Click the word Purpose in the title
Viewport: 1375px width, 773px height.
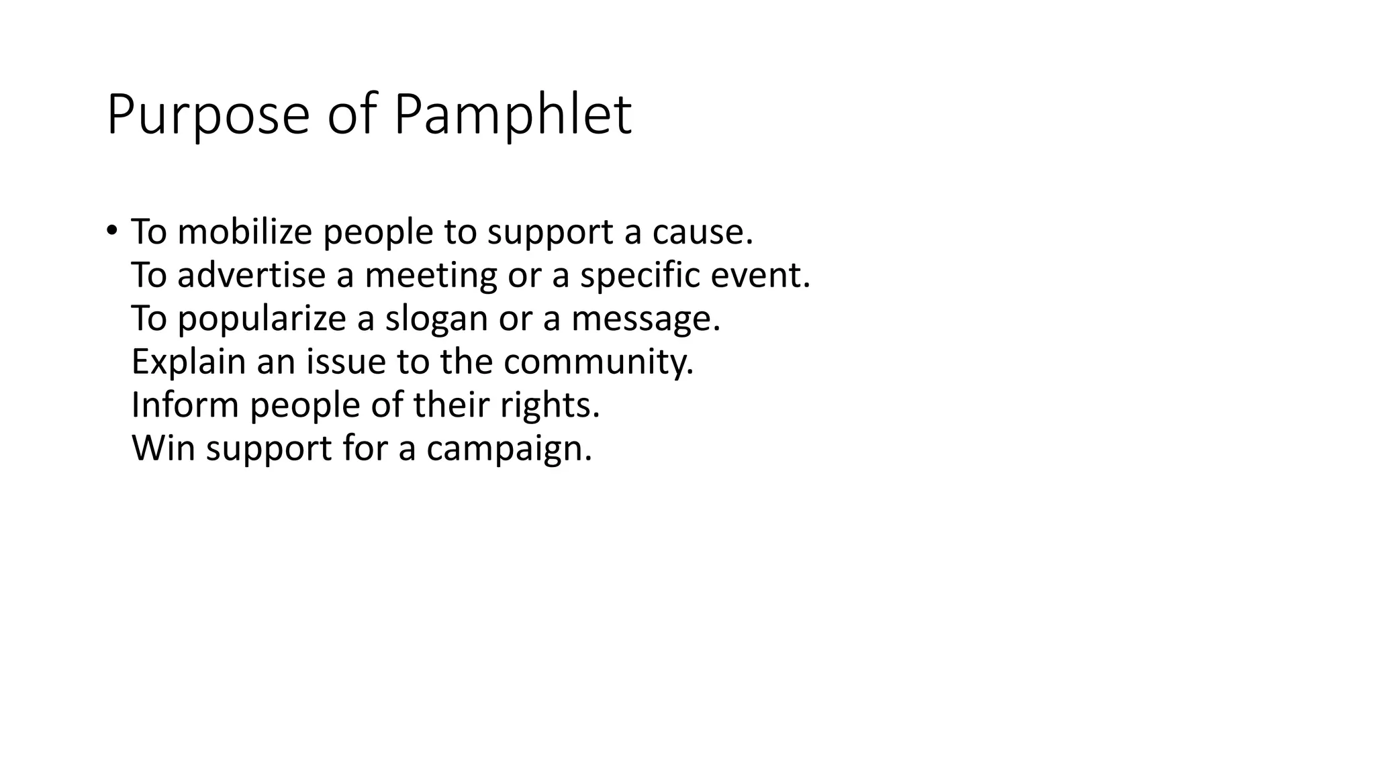(207, 115)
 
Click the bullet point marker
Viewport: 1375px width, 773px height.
(111, 230)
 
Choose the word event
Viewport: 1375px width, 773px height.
(761, 275)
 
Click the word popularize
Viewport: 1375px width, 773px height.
(261, 319)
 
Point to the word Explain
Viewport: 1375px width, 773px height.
(189, 362)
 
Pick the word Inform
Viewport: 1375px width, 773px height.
(185, 405)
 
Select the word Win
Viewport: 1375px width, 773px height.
(164, 448)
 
